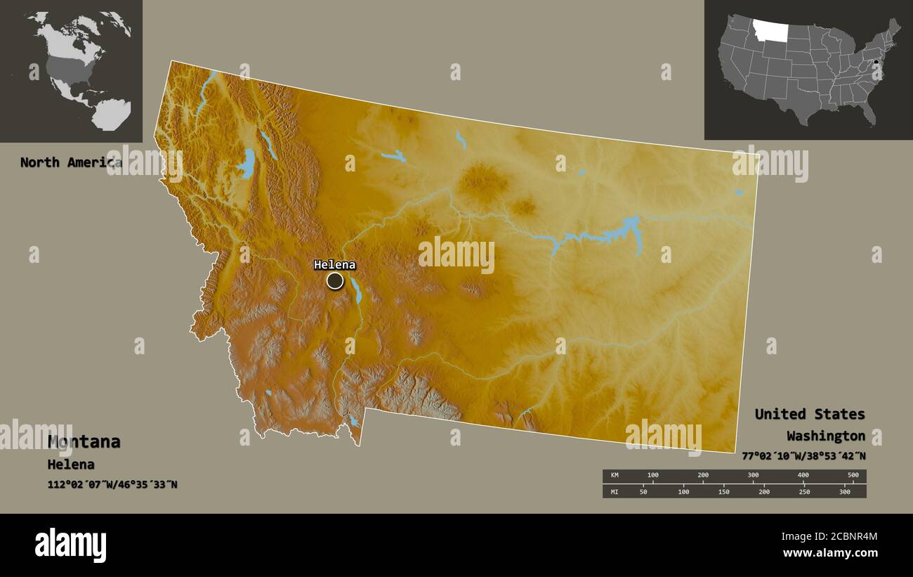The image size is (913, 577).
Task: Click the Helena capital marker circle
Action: (335, 281)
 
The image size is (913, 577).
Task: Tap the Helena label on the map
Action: (334, 265)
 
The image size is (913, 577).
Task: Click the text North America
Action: (70, 162)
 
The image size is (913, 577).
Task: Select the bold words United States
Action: (810, 414)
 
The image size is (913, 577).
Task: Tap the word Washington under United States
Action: (825, 436)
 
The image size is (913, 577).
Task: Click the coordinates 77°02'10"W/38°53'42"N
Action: (803, 455)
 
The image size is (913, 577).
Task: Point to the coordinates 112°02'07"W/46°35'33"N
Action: (112, 484)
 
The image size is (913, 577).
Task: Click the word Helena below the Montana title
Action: (71, 465)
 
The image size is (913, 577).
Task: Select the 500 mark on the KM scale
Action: (853, 476)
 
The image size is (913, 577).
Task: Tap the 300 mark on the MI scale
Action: (844, 492)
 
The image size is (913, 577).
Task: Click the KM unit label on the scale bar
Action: (615, 476)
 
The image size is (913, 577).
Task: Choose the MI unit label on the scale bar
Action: (615, 492)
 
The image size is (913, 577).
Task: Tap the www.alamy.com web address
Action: (830, 553)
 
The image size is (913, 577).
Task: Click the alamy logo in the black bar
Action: (70, 545)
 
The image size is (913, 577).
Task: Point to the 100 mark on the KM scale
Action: (652, 476)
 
